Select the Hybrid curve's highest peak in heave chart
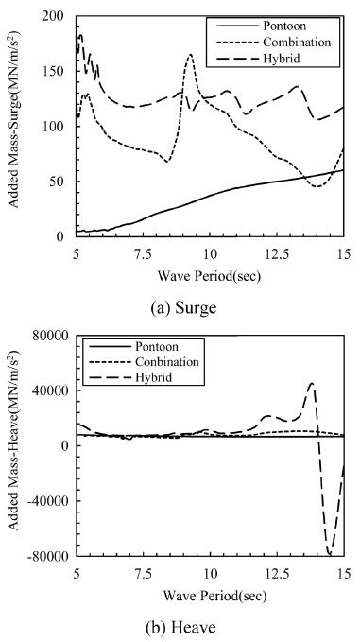coord(313,384)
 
